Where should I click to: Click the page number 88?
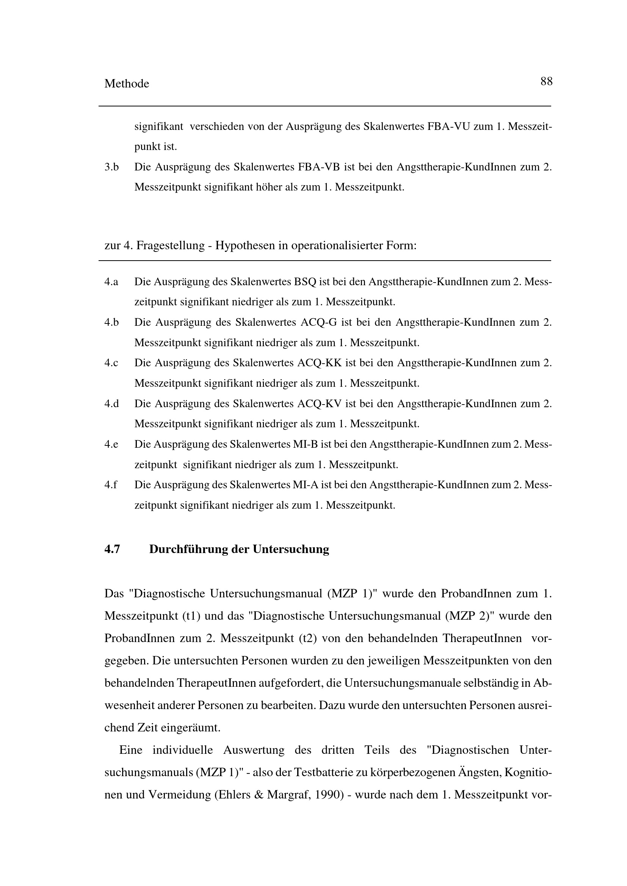tap(546, 81)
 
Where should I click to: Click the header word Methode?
tap(127, 84)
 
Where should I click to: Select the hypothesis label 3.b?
tap(111, 167)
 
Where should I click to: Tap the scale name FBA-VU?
tap(448, 127)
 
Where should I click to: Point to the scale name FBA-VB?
tap(319, 167)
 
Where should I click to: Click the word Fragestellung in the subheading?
tap(170, 245)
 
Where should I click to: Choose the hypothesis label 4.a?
tap(111, 282)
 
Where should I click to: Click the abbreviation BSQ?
tap(305, 282)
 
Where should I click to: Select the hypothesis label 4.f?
tap(110, 485)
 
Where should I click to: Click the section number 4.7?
tap(112, 549)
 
